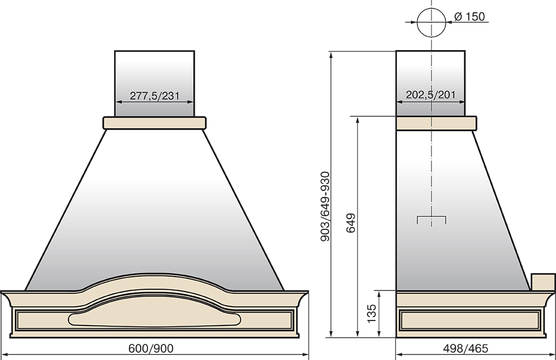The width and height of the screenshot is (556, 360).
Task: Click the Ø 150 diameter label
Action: (x=469, y=17)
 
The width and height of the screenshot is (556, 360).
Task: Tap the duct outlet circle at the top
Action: (x=431, y=22)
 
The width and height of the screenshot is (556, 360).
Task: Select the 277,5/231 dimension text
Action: (x=155, y=96)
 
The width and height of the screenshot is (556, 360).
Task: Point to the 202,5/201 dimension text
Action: (x=430, y=95)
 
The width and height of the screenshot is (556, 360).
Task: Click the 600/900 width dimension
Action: (x=151, y=349)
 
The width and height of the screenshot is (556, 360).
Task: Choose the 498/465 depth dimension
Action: (x=465, y=349)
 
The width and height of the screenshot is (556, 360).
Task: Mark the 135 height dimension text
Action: (x=371, y=313)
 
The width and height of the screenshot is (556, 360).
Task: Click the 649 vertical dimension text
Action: (x=351, y=223)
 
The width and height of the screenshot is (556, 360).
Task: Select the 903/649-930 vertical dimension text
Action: (x=325, y=206)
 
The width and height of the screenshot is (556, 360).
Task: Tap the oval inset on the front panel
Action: (x=155, y=319)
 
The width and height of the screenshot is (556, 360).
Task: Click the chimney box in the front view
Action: (x=155, y=84)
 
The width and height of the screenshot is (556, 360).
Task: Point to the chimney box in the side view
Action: (x=430, y=84)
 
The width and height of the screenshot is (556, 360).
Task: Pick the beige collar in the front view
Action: (x=155, y=123)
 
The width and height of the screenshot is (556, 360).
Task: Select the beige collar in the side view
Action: (x=436, y=123)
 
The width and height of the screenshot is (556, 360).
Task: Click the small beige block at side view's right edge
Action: (x=543, y=282)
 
